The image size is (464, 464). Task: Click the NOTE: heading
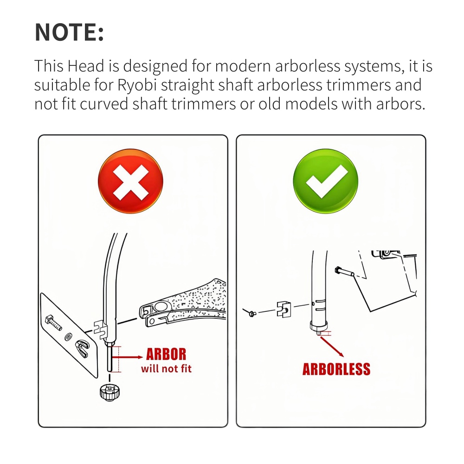pos(69,32)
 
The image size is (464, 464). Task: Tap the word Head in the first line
pos(86,66)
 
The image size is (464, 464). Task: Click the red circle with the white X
pos(130,181)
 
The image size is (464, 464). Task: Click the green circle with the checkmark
pos(326,181)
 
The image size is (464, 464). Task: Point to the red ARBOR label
pos(166,354)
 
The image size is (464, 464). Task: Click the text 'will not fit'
pos(166,369)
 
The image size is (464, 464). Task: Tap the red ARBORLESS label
pos(336,369)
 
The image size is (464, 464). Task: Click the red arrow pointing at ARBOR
pos(128,357)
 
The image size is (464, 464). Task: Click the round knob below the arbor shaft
pos(110,392)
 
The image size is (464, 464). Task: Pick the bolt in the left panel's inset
pos(53,322)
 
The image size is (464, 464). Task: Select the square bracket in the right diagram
pos(284,309)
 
